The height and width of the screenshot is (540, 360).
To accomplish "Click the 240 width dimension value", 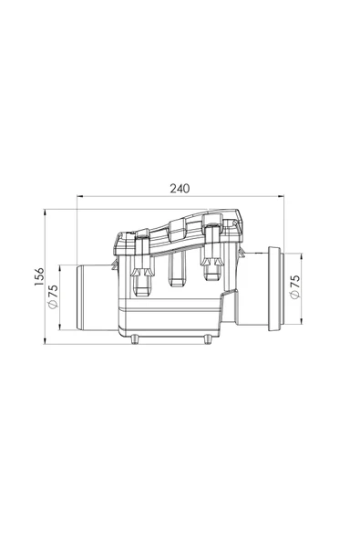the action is click(180, 189).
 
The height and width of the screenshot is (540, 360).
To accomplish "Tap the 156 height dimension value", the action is click(39, 276).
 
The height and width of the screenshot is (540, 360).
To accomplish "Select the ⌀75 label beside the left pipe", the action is click(53, 296).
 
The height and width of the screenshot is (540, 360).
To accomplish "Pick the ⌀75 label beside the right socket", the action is click(295, 286).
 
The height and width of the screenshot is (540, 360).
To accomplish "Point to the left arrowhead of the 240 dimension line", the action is click(80, 196).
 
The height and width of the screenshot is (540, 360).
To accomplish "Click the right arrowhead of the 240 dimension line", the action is click(281, 196).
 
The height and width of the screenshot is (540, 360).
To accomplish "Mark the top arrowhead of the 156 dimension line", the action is click(45, 213).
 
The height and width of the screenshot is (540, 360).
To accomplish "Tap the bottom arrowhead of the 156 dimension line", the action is click(45, 340).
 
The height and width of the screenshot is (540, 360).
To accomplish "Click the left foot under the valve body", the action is click(135, 339).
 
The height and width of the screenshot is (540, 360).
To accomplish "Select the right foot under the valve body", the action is click(208, 339).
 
